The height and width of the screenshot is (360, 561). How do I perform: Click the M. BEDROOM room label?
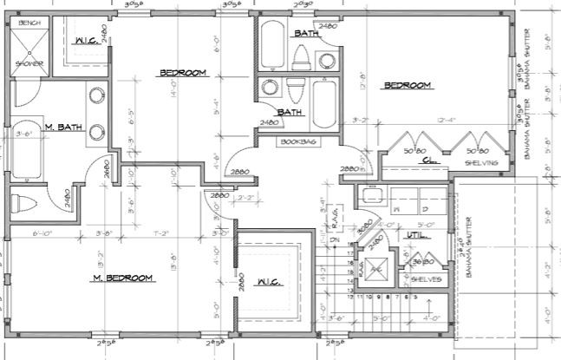123,278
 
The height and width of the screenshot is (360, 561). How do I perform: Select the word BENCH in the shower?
29,22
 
